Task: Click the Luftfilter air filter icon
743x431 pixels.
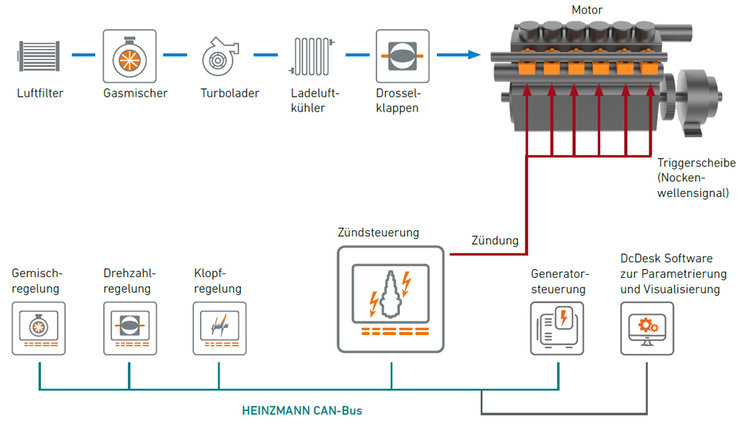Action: click(39, 56)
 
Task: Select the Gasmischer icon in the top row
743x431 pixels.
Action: click(130, 56)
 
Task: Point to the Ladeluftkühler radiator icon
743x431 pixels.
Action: click(311, 56)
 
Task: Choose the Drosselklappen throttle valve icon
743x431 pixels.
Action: click(403, 56)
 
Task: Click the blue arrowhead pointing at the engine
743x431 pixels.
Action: click(474, 55)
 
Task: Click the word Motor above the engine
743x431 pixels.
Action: click(587, 10)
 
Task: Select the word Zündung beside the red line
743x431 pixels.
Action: click(495, 240)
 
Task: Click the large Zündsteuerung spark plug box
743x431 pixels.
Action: click(391, 299)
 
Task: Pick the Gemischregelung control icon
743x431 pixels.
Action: click(39, 328)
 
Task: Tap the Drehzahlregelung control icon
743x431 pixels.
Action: click(130, 328)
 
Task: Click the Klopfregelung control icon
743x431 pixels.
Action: click(220, 328)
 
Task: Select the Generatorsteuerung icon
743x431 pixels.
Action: click(557, 328)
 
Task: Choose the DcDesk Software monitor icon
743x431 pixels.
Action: click(647, 328)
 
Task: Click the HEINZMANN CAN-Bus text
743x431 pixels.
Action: click(302, 411)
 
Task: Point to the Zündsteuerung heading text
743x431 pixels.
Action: click(378, 233)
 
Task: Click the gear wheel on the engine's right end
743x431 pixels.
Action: click(669, 97)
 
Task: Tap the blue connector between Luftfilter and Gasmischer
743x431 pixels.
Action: click(83, 55)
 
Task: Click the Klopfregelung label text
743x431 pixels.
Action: click(218, 281)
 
